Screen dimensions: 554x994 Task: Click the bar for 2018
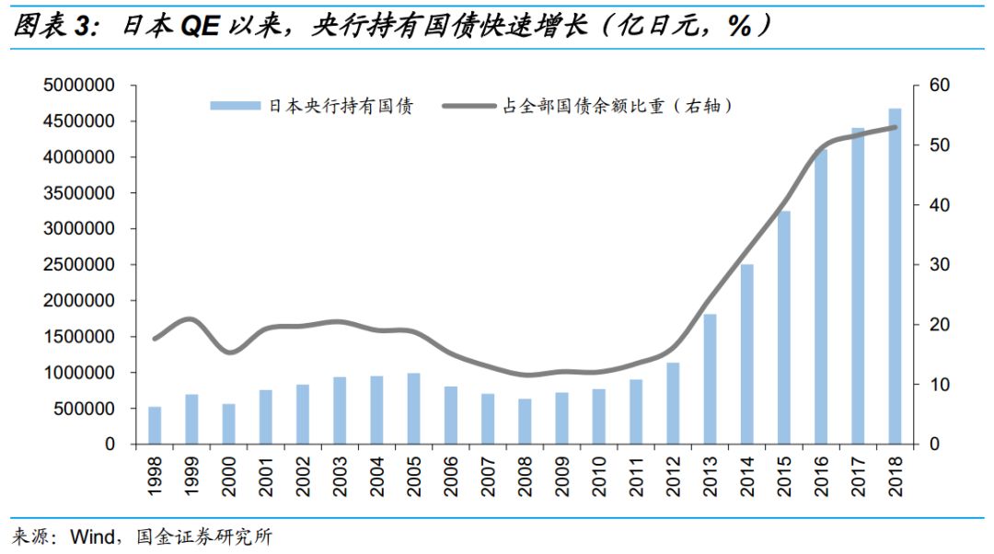(894, 276)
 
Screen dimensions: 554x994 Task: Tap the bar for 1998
(155, 425)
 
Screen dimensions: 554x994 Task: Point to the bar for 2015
(783, 328)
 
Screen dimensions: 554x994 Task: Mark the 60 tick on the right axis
(939, 86)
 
